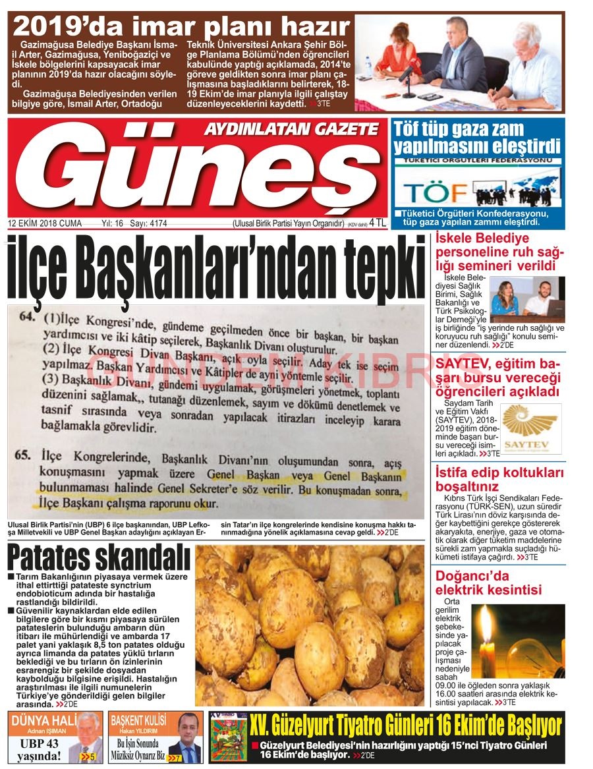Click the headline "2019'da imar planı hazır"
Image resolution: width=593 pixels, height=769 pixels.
pyautogui.click(x=181, y=27)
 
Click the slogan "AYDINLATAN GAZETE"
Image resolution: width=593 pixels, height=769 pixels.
pyautogui.click(x=291, y=129)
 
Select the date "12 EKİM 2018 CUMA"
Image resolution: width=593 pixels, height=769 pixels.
pyautogui.click(x=45, y=223)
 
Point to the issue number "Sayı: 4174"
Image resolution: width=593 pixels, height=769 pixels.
pyautogui.click(x=148, y=223)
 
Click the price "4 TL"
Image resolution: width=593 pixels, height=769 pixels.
pyautogui.click(x=378, y=223)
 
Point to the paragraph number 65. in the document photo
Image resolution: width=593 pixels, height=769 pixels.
pyautogui.click(x=27, y=455)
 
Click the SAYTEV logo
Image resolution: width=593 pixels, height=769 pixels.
pyautogui.click(x=530, y=428)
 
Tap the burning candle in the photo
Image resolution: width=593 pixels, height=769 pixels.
pyautogui.click(x=487, y=636)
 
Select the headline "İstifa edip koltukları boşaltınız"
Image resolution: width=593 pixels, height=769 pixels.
pyautogui.click(x=499, y=480)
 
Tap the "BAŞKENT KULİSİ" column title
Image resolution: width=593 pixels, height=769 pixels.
pyautogui.click(x=138, y=720)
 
